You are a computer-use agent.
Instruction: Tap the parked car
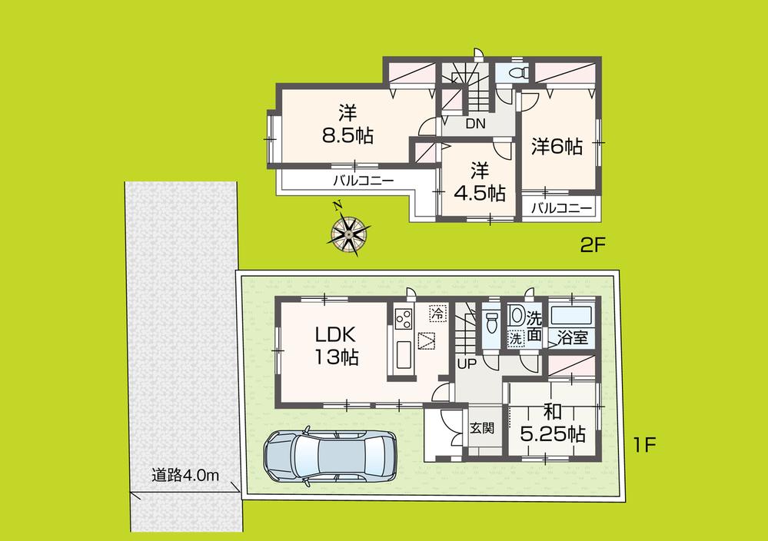pyautogui.click(x=329, y=456)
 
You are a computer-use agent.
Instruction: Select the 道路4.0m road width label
pyautogui.click(x=185, y=476)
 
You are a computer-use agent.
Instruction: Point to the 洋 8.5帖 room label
pyautogui.click(x=348, y=124)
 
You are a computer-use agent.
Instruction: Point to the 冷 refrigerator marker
pyautogui.click(x=436, y=314)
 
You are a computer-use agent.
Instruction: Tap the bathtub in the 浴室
pyautogui.click(x=573, y=315)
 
